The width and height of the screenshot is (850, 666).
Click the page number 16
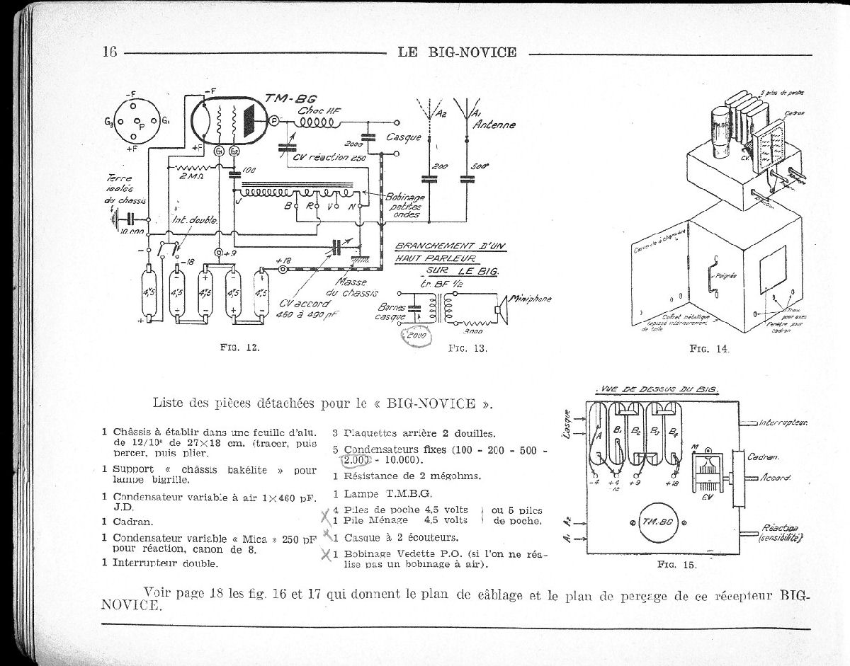pos(110,52)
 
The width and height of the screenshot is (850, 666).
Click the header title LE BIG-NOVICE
pos(457,52)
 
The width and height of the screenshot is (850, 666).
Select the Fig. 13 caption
pos(467,348)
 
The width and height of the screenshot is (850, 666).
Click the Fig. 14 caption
pos(709,348)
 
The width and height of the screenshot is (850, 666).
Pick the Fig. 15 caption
pos(677,565)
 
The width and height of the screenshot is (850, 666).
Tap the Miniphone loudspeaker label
pos(527,299)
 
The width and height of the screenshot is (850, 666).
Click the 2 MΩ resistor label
pos(191,176)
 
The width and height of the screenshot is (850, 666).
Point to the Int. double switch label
pos(195,220)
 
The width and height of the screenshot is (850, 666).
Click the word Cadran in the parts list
pos(134,522)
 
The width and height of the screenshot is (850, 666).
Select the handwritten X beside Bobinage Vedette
pos(326,556)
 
